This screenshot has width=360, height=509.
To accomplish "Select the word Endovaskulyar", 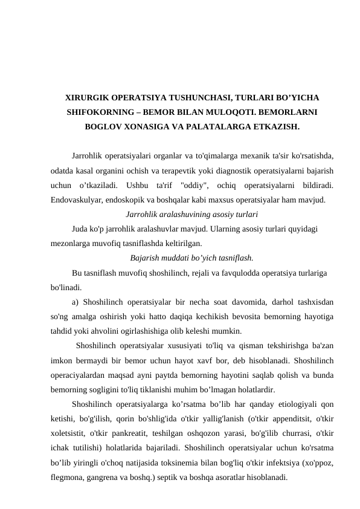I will (x=77, y=198).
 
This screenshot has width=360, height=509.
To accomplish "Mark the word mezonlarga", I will (x=72, y=242).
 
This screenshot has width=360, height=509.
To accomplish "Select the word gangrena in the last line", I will (x=108, y=475).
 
